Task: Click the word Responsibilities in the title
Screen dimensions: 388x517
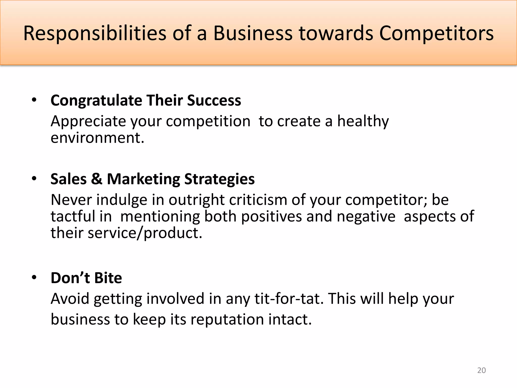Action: pos(95,34)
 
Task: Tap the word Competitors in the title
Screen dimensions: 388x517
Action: pos(436,34)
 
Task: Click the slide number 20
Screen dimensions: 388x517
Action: pos(481,370)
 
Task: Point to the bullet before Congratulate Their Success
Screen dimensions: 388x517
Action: pos(34,100)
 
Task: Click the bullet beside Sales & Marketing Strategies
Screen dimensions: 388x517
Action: pos(34,179)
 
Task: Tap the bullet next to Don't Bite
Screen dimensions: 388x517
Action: pos(34,278)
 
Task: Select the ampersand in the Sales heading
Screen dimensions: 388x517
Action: pos(97,179)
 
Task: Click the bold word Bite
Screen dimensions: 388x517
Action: pos(108,278)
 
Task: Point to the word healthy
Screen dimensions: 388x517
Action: pos(363,122)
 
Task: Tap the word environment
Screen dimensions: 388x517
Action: pos(97,138)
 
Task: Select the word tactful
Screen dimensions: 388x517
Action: pos(72,216)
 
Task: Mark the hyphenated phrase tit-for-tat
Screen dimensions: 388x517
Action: pos(289,299)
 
